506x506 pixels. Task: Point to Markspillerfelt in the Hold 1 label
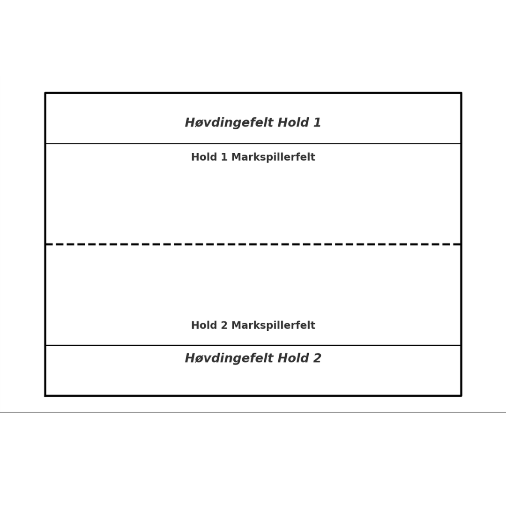[x=273, y=157]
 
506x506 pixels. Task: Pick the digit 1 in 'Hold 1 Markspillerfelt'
[x=224, y=157]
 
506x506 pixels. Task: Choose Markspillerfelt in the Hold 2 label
[x=273, y=326]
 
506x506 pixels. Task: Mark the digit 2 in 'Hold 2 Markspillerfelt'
[x=224, y=326]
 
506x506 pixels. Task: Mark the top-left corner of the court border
[x=45, y=93]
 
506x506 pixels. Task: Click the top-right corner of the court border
[x=461, y=93]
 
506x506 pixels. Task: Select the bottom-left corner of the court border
[x=45, y=396]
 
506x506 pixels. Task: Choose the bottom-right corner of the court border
[x=461, y=396]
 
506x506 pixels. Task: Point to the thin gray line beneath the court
[x=253, y=412]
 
